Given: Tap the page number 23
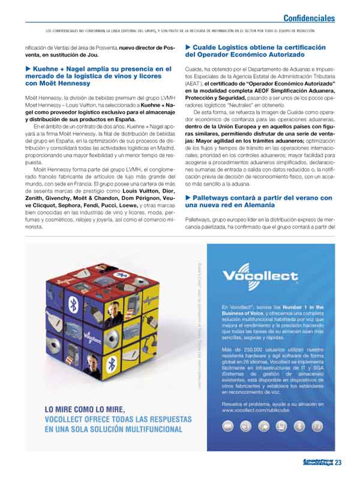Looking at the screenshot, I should click(x=339, y=462).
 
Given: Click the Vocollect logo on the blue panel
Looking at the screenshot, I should click(x=259, y=276).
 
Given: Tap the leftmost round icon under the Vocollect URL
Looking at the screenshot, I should click(x=228, y=428).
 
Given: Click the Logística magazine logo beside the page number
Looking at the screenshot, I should click(x=316, y=462).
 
